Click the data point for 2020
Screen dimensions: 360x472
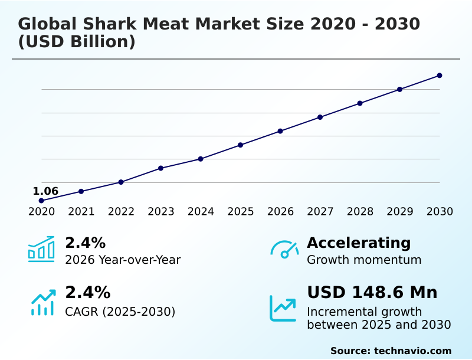pos(41,201)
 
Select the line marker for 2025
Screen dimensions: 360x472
pos(241,145)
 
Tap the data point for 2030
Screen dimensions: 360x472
pos(440,76)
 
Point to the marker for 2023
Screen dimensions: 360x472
pos(160,168)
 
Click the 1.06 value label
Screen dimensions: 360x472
pos(45,191)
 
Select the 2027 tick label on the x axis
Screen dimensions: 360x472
pos(320,212)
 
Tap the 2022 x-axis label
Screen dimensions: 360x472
pos(121,212)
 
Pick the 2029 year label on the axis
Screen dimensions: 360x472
pos(399,212)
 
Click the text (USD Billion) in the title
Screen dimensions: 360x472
pos(77,42)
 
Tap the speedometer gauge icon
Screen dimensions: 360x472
pos(284,249)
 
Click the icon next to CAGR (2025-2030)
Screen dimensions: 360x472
pos(42,302)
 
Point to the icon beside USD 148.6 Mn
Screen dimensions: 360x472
pos(283,307)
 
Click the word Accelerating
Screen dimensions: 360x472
pos(359,243)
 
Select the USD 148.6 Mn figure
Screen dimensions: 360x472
pos(372,293)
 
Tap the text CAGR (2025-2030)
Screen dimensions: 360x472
pos(120,312)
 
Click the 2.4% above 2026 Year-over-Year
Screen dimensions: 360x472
pos(85,243)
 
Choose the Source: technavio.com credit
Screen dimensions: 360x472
pos(391,351)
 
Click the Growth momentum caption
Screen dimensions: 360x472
pos(364,260)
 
